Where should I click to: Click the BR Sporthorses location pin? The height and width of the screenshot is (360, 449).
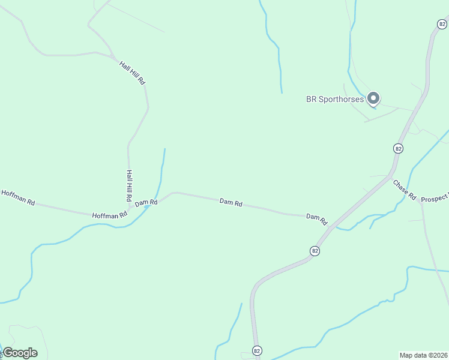click(373, 98)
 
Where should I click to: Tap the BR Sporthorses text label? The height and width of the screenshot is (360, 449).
click(335, 99)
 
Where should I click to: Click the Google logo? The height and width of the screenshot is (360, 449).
click(20, 353)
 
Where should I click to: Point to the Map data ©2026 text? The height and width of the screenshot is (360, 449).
click(423, 355)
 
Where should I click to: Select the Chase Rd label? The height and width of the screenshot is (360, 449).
click(405, 189)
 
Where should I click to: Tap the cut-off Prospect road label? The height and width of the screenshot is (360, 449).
click(435, 199)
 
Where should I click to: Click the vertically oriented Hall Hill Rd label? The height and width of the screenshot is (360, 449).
click(128, 185)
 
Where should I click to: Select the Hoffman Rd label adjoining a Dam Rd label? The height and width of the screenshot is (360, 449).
click(110, 214)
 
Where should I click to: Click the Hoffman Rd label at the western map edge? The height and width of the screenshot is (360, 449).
click(18, 196)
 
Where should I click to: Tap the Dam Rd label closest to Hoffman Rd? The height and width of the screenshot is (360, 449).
click(146, 203)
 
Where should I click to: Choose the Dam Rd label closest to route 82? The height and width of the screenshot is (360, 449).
click(316, 218)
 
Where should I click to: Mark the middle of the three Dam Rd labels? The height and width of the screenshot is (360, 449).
click(231, 203)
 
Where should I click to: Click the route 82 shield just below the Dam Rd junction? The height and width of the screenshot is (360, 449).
click(315, 250)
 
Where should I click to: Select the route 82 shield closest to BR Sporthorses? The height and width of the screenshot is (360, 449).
click(398, 148)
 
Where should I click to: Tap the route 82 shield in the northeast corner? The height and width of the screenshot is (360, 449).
click(442, 24)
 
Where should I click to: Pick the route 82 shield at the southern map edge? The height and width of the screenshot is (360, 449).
click(257, 350)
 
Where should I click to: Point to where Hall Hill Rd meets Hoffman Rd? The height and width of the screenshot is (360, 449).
click(129, 210)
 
